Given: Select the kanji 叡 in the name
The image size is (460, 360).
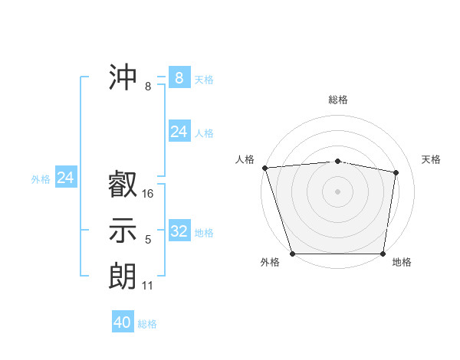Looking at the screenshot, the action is click(123, 185).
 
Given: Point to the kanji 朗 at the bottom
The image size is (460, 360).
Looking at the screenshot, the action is click(123, 275).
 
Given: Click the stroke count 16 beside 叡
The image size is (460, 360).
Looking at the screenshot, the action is click(148, 194).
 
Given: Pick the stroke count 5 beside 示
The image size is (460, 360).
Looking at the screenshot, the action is click(148, 240).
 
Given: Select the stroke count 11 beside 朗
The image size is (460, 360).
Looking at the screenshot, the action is click(148, 286).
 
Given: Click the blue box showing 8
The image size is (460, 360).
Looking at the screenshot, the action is click(179, 77).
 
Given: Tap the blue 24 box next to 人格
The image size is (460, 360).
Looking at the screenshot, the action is click(179, 132).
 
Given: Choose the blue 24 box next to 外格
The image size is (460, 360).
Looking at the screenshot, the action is click(66, 178).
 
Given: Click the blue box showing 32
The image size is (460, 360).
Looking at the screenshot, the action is click(179, 231).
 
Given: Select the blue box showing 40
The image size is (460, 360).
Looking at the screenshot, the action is click(123, 322).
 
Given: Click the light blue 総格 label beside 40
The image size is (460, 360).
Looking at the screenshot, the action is click(147, 324).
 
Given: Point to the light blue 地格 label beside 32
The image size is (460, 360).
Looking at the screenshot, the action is click(204, 233).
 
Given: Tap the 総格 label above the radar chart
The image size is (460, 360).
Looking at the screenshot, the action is click(338, 100).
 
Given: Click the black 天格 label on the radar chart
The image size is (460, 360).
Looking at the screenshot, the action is click(431, 159).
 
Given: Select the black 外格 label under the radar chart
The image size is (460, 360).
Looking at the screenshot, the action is click(270, 262).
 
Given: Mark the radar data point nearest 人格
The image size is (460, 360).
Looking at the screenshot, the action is click(264, 168).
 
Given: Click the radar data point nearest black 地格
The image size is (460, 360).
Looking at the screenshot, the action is click(383, 254).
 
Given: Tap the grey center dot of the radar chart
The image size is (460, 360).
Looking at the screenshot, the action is click(337, 191).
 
